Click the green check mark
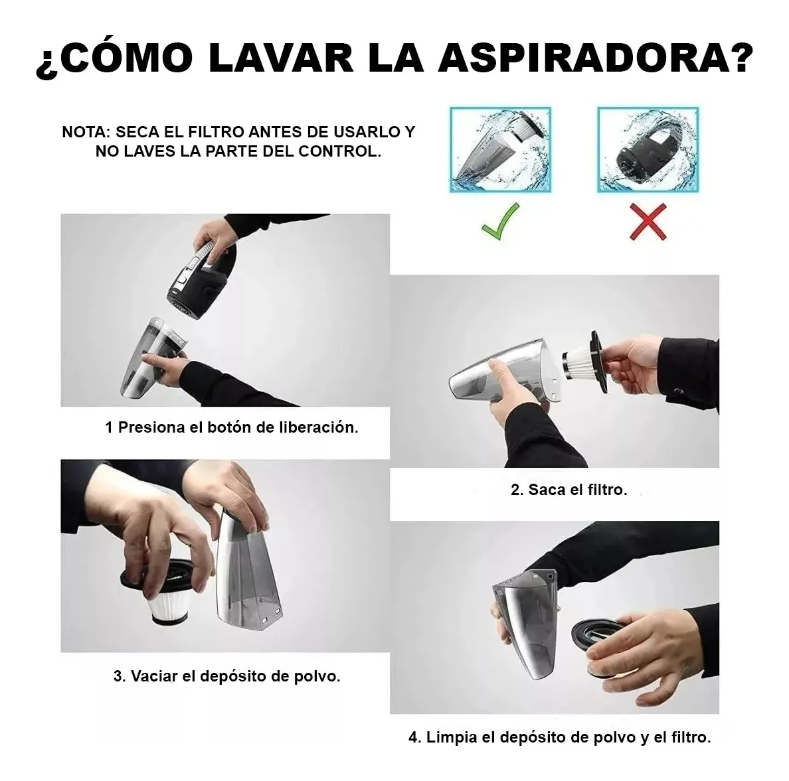(500, 221)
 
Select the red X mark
(648, 221)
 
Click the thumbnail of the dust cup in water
(501, 149)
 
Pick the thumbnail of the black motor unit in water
(648, 149)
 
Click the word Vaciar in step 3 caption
(153, 676)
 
